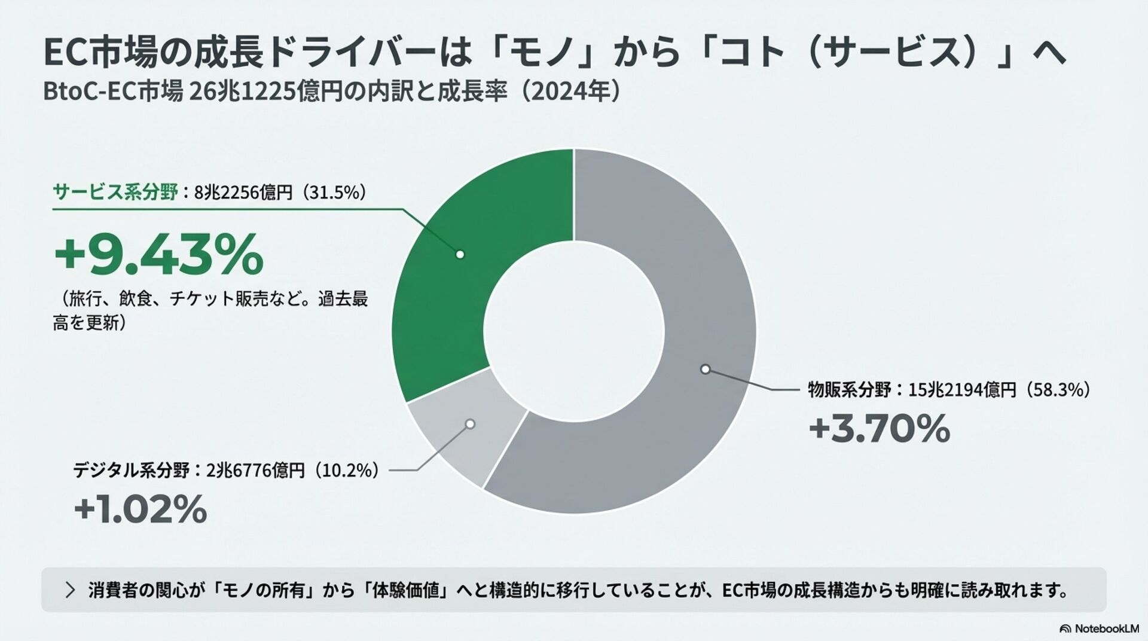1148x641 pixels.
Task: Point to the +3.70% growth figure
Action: tap(879, 429)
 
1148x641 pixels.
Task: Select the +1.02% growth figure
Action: tap(141, 509)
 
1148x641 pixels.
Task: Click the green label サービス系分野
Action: tap(115, 193)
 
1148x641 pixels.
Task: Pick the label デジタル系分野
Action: tap(131, 471)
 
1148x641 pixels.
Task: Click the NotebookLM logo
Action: tap(1099, 628)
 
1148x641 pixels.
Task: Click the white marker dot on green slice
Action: tap(460, 254)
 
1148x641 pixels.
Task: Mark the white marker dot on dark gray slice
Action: tap(705, 369)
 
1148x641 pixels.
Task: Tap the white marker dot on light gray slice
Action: tap(470, 424)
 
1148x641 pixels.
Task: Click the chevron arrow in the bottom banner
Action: tap(71, 590)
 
